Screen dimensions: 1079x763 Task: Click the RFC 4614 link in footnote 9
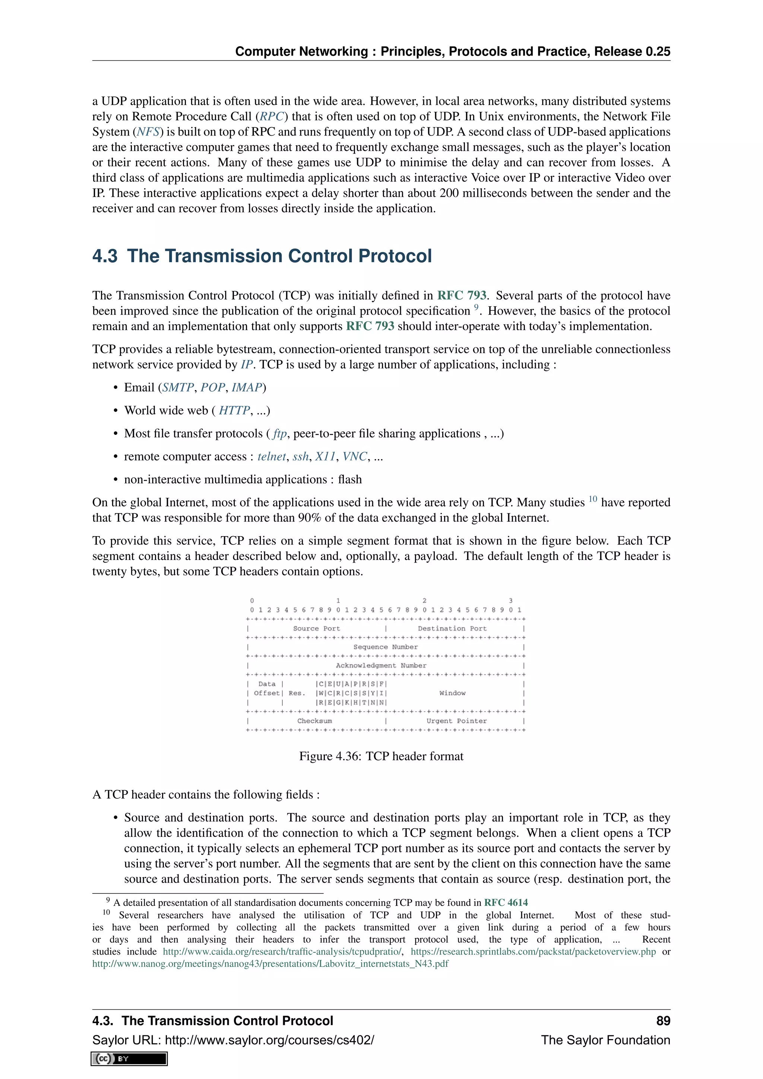[x=506, y=902]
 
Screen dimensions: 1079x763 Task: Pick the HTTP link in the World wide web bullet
[x=234, y=411]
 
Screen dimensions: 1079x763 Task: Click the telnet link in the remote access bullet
[x=271, y=457]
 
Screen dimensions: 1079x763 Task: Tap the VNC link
[x=354, y=457]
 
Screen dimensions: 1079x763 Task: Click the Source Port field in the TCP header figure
[x=316, y=628]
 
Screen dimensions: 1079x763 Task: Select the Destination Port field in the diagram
[x=452, y=628]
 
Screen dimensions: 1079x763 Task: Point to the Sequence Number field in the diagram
[x=385, y=647]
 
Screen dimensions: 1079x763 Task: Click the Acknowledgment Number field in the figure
[x=381, y=665]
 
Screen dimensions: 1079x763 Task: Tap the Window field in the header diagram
[x=452, y=693]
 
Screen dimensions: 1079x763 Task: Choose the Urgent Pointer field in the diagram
[x=456, y=721]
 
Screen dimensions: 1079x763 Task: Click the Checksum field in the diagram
[x=314, y=721]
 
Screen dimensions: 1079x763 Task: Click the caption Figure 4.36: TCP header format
[x=381, y=756]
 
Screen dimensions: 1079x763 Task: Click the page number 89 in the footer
[x=663, y=1021]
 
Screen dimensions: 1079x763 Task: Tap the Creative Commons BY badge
[x=129, y=1059]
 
